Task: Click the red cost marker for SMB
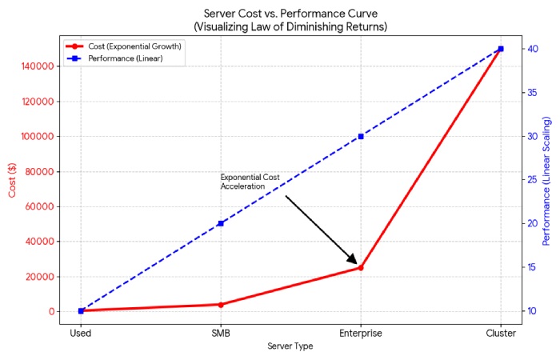pyautogui.click(x=221, y=304)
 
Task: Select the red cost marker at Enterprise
pyautogui.click(x=361, y=267)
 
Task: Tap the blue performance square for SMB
pyautogui.click(x=221, y=223)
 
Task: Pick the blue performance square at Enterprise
pyautogui.click(x=361, y=136)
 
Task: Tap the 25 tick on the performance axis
pyautogui.click(x=530, y=180)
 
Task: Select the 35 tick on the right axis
pyautogui.click(x=530, y=93)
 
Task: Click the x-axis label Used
pyautogui.click(x=81, y=333)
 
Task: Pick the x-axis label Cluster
pyautogui.click(x=501, y=333)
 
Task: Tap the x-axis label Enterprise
pyautogui.click(x=361, y=333)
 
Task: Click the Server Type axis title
pyautogui.click(x=290, y=346)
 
